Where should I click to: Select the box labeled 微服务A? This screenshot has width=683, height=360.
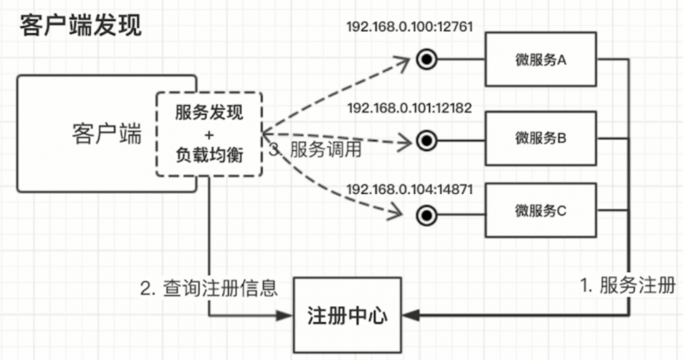tap(541, 60)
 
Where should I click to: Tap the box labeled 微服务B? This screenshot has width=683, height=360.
tap(541, 139)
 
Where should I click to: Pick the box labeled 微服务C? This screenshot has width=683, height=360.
tap(541, 210)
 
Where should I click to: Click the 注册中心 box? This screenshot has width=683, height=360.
tap(348, 316)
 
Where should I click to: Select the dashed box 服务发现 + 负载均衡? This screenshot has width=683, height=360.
tap(209, 135)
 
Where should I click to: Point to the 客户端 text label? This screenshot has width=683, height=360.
tap(107, 135)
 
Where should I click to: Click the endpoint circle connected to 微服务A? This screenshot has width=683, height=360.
tap(427, 60)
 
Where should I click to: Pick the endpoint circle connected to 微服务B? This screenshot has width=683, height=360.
tap(427, 141)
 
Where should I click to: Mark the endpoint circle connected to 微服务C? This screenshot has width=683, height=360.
tap(427, 217)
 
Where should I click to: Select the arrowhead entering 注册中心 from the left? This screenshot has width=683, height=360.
tap(286, 316)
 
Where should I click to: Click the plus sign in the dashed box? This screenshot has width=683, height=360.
tap(209, 134)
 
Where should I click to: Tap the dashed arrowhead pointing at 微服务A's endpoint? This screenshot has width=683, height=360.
tap(403, 61)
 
